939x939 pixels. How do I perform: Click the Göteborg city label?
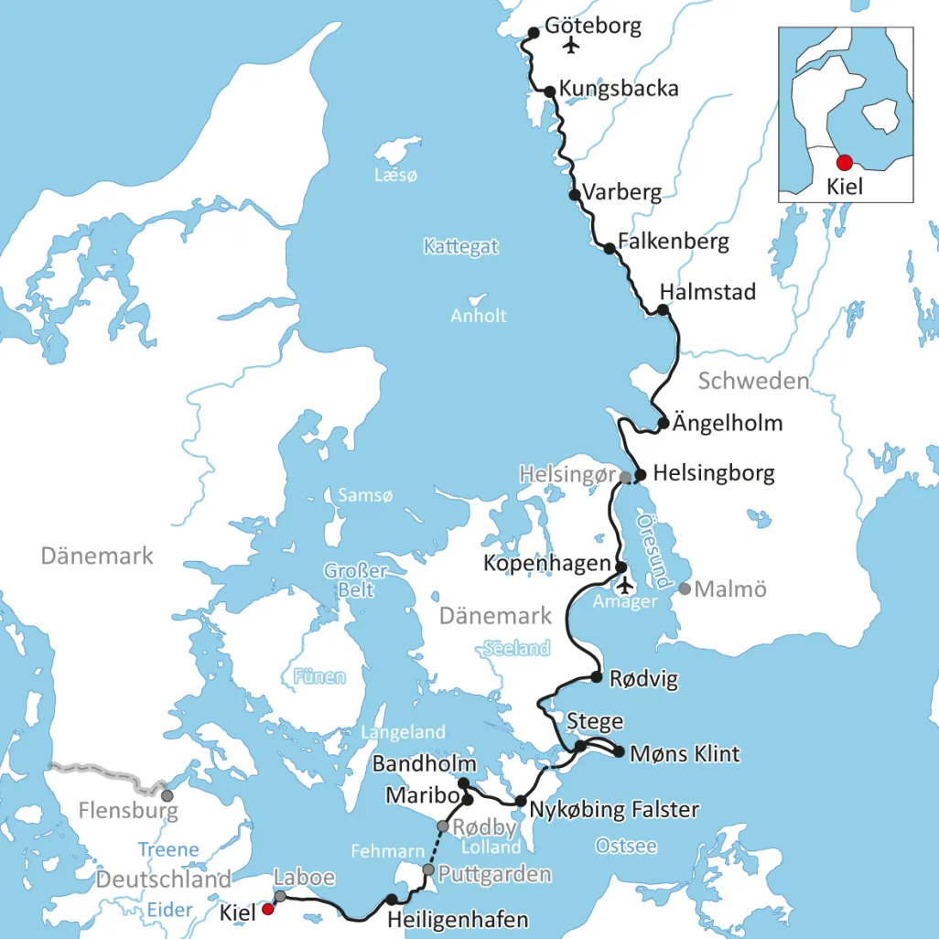pos(592,26)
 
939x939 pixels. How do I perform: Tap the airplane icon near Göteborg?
pos(574,45)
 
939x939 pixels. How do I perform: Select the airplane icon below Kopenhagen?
pos(625,585)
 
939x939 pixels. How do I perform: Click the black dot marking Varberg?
pos(575,195)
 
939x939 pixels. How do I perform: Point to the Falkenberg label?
pos(673,242)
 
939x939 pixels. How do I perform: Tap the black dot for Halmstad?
pos(664,310)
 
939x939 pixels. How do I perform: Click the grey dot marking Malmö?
pos(685,588)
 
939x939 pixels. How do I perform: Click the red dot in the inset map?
pos(844,162)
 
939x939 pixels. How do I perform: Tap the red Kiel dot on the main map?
pos(267,909)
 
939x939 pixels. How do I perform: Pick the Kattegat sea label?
pos(460,246)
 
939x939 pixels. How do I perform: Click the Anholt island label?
pos(478,316)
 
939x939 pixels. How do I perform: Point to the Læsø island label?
pos(395,175)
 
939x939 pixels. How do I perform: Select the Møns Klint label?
pos(685,754)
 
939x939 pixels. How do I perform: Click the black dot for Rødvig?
pos(597,677)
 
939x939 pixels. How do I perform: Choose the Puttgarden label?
pos(495,874)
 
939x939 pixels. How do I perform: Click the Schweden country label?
pos(753,381)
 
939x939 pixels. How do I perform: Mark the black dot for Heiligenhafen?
pos(392,900)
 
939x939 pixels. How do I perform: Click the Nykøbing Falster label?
pos(614,809)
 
